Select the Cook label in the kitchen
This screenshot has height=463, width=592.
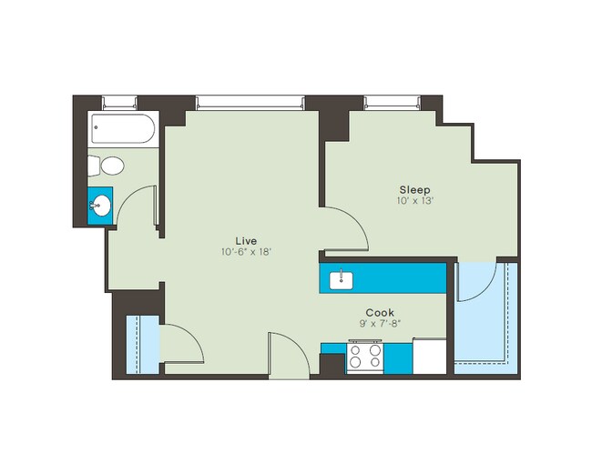click(x=380, y=312)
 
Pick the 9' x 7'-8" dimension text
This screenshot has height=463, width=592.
click(x=380, y=324)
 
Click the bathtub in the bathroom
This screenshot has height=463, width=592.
click(x=124, y=130)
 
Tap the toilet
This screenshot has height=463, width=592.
click(x=107, y=166)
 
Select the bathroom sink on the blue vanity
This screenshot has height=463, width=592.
click(x=100, y=206)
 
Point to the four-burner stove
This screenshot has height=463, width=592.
click(x=366, y=357)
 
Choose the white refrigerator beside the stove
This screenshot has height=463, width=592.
click(x=430, y=356)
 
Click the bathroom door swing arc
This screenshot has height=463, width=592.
click(x=137, y=205)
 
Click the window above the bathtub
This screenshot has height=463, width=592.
click(x=119, y=101)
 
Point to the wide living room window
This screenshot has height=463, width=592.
click(x=250, y=101)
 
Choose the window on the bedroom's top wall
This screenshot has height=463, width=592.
click(x=391, y=101)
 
